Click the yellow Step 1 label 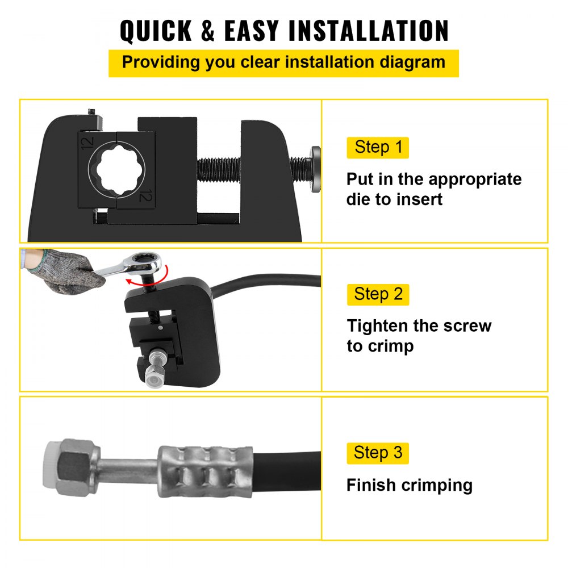378,148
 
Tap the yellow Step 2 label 378,294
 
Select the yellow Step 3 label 378,453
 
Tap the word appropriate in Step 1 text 475,179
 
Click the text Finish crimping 409,486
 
